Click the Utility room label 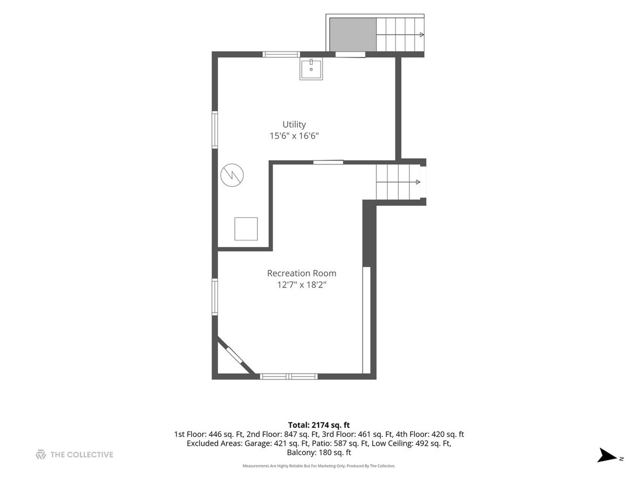click(x=294, y=125)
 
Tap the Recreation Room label click(x=301, y=273)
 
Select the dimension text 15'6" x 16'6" click(x=294, y=136)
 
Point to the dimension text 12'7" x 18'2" click(x=301, y=284)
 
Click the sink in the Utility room click(x=311, y=69)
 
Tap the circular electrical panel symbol click(x=232, y=175)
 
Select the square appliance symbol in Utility click(x=246, y=229)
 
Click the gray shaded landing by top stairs click(x=353, y=35)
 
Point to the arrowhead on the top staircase click(x=422, y=35)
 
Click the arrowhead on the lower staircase click(x=418, y=182)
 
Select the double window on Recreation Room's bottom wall click(x=289, y=377)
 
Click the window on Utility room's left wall click(x=215, y=130)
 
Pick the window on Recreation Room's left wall click(x=215, y=297)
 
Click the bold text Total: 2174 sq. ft click(x=319, y=425)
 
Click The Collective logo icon click(x=41, y=455)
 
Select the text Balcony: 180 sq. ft click(x=319, y=452)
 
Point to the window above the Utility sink click(x=281, y=54)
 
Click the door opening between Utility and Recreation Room click(x=328, y=162)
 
